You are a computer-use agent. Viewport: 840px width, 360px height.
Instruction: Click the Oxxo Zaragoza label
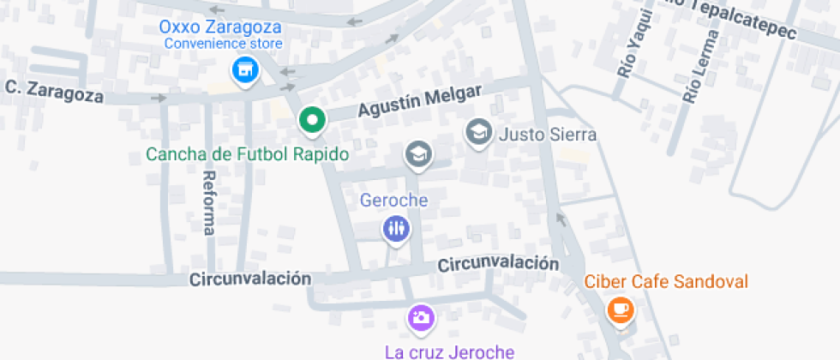pyautogui.click(x=221, y=26)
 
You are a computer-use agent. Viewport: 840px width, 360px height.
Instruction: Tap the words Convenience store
pyautogui.click(x=223, y=43)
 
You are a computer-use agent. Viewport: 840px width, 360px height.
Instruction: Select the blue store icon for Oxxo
pyautogui.click(x=246, y=70)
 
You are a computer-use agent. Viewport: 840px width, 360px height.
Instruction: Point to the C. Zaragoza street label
pyautogui.click(x=54, y=90)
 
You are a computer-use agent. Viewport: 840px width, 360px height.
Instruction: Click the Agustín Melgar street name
pyautogui.click(x=421, y=102)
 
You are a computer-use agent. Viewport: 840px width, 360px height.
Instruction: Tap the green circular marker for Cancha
pyautogui.click(x=313, y=121)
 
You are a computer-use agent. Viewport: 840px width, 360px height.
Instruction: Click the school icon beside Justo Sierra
pyautogui.click(x=478, y=132)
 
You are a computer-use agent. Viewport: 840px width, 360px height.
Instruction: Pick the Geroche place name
pyautogui.click(x=393, y=201)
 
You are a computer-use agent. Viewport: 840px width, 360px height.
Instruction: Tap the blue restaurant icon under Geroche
pyautogui.click(x=395, y=228)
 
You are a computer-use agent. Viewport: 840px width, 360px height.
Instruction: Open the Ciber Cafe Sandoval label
pyautogui.click(x=666, y=281)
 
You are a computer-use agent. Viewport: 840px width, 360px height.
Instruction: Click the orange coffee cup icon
pyautogui.click(x=620, y=309)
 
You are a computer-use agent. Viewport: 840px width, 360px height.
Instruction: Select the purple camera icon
pyautogui.click(x=421, y=318)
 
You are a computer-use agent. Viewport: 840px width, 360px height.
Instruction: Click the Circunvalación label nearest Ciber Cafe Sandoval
pyautogui.click(x=498, y=264)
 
